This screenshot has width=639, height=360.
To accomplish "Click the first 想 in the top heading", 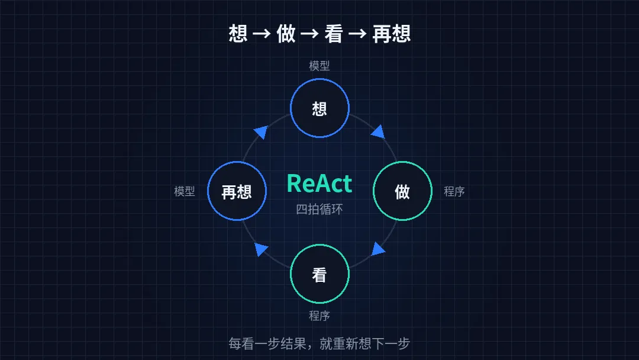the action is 238,33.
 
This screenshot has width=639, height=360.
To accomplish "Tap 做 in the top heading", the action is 286,33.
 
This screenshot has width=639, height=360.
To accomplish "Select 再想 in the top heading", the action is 391,33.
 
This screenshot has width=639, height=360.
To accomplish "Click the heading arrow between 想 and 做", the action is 262,33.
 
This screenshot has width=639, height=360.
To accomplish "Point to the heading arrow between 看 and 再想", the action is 357,33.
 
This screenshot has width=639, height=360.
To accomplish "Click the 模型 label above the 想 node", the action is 319,66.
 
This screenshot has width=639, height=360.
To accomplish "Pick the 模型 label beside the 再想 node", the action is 185,191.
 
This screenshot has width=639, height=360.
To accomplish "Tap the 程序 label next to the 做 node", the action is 454,191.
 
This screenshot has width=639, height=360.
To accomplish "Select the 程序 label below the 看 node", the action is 319,316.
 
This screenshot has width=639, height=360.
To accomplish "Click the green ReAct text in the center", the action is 319,184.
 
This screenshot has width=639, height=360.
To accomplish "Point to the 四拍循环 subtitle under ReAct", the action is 319,209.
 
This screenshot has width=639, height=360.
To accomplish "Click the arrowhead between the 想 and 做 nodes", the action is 379,132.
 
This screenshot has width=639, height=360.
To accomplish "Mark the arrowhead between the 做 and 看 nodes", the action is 377,249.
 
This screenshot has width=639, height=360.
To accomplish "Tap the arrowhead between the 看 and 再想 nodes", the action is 260,249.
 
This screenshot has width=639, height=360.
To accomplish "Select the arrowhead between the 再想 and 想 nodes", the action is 261,132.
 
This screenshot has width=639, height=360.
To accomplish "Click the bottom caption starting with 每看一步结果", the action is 319,343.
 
